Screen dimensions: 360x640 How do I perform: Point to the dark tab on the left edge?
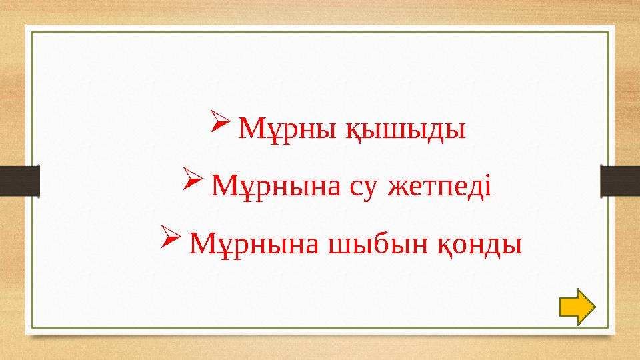point(19,181)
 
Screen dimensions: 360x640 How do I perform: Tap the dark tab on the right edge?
point(620,181)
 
